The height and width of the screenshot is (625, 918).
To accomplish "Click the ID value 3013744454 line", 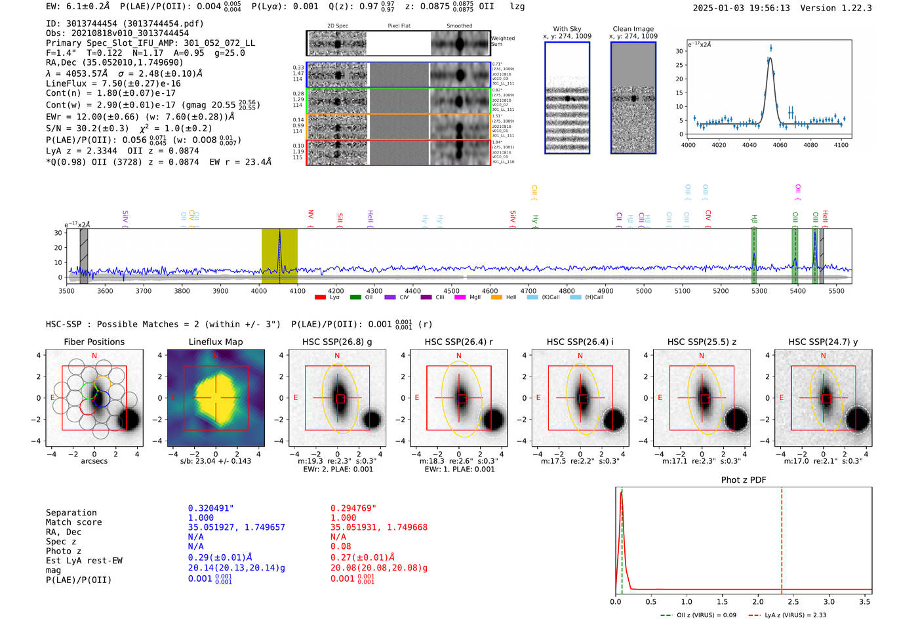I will [x=125, y=24].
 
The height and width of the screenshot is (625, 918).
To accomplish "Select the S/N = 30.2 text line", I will [x=129, y=129].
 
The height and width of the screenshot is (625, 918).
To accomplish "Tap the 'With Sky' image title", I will [x=567, y=29].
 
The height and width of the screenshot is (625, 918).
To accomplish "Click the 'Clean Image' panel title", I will [x=633, y=29].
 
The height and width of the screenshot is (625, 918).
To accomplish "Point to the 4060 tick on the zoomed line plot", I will [x=780, y=145].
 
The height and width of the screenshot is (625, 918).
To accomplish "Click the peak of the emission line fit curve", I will [x=770, y=58].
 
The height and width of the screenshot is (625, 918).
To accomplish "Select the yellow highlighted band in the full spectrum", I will [x=279, y=256].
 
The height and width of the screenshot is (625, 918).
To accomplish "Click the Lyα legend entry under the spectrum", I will [x=328, y=297].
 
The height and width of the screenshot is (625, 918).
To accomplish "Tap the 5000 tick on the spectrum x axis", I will [x=644, y=291].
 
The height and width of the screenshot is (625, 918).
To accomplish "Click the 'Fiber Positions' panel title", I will [x=94, y=342].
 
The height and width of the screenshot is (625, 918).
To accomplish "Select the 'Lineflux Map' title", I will [x=215, y=342].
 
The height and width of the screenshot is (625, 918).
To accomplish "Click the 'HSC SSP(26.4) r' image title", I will [x=458, y=342].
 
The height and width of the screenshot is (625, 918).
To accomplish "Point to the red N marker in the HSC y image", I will [x=823, y=355].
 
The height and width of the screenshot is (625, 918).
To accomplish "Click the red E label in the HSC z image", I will [x=660, y=397].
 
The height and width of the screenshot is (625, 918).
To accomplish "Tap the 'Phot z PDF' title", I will [x=743, y=479].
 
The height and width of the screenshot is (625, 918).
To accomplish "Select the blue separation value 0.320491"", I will [x=210, y=508].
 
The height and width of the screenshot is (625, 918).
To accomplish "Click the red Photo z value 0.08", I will [x=340, y=546].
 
